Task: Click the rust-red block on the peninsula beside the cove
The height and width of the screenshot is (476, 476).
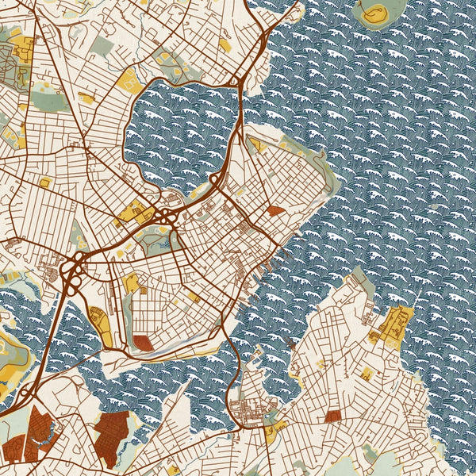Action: pos(274,211)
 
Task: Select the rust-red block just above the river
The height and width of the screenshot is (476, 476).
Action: pos(143,343)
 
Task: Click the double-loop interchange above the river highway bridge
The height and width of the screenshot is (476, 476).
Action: pos(74,274)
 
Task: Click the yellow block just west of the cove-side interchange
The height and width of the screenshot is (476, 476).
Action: pos(131,212)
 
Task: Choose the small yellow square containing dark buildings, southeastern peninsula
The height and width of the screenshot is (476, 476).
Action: pos(367,373)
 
